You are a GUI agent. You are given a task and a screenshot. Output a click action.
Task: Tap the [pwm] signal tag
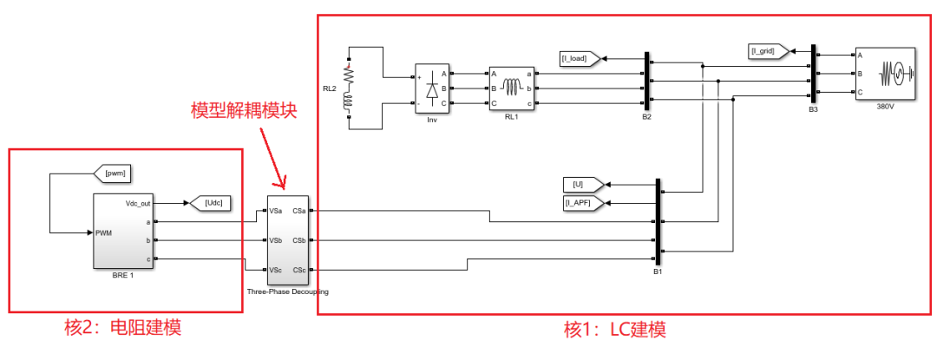coord(115,173)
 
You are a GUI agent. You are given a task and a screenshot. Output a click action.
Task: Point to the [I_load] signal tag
coord(576,59)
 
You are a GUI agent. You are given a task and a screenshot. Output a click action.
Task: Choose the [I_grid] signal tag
coord(767,51)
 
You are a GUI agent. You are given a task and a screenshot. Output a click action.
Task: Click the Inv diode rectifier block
coord(431,88)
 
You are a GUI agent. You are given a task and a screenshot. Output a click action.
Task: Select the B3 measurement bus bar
coord(813,74)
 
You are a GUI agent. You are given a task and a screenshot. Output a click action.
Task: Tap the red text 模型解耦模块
coord(245,110)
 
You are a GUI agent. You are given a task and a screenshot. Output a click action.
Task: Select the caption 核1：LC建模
coord(615,331)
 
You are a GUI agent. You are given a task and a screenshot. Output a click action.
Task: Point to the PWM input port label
coord(106,232)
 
